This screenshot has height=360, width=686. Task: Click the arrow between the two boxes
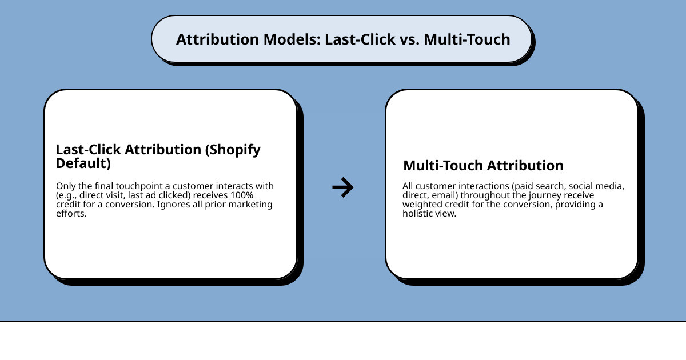point(343,187)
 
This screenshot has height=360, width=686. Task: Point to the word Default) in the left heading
point(83,163)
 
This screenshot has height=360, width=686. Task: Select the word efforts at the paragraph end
point(71,214)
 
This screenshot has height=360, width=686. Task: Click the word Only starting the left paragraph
point(65,186)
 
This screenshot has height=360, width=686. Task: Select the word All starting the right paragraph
point(408,186)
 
